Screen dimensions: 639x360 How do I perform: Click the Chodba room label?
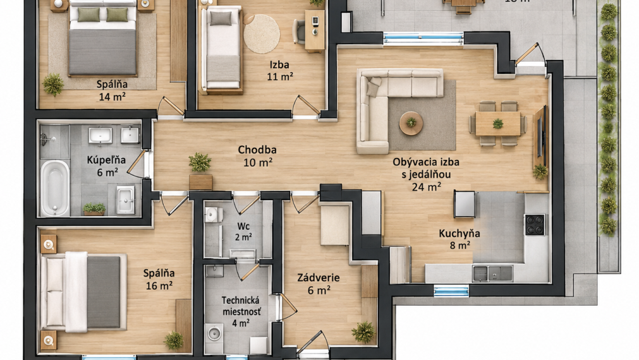[257, 150]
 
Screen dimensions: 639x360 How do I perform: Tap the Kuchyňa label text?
[459, 234]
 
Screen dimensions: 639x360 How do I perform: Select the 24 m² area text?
[426, 187]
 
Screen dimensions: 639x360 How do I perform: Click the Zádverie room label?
[319, 278]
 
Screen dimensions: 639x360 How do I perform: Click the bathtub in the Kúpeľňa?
[54, 188]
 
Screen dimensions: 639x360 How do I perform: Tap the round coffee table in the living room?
[411, 123]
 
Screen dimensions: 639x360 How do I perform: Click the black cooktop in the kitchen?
[535, 224]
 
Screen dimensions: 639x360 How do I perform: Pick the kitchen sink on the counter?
[492, 273]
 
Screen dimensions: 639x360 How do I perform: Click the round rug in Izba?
[262, 34]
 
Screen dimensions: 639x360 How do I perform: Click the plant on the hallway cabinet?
[200, 163]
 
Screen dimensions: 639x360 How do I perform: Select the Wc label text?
[243, 227]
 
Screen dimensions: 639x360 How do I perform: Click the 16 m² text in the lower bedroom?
[159, 285]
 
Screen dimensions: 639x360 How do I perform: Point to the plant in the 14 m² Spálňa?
[53, 84]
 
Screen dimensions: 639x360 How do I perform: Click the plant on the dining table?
[497, 123]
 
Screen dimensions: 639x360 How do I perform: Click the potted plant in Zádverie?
[363, 332]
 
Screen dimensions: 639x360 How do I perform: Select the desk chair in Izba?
[299, 32]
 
